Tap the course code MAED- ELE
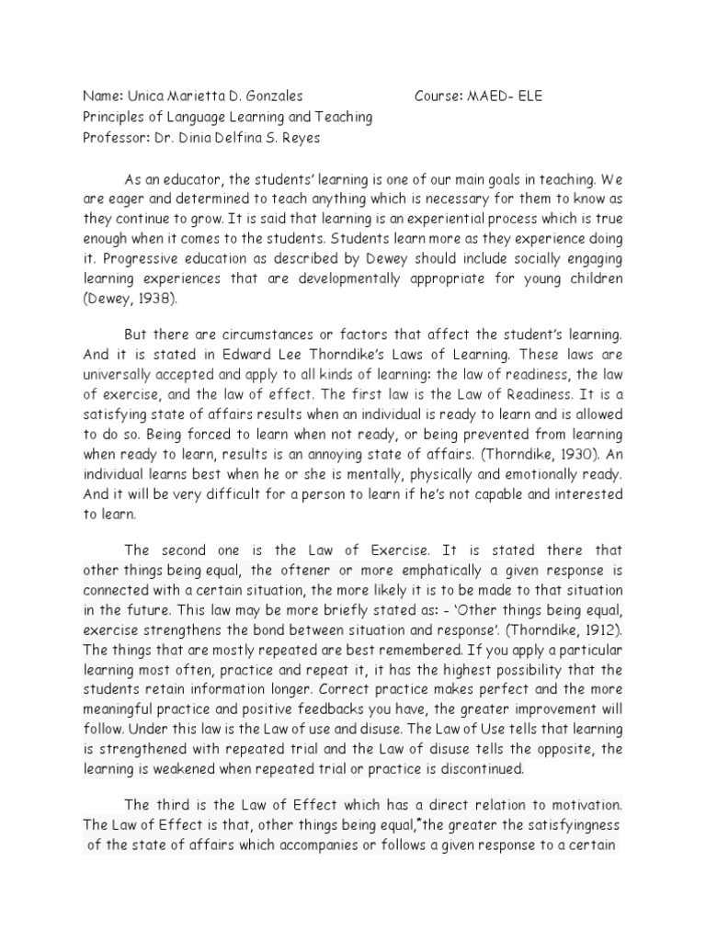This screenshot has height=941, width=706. [x=505, y=96]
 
